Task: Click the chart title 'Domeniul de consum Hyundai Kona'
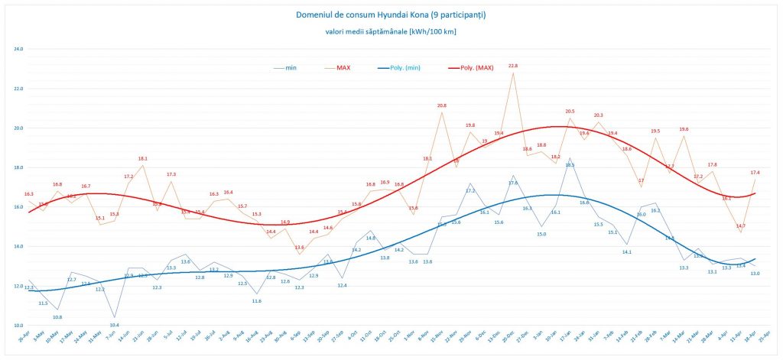[391, 15]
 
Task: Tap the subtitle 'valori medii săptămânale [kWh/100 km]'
[391, 31]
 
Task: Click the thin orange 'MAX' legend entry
[343, 67]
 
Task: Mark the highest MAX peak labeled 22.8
[513, 66]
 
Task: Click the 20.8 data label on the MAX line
[442, 105]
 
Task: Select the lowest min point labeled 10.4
[115, 325]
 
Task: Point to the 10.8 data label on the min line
[57, 316]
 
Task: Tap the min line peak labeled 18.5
[570, 164]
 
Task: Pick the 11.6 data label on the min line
[257, 301]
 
